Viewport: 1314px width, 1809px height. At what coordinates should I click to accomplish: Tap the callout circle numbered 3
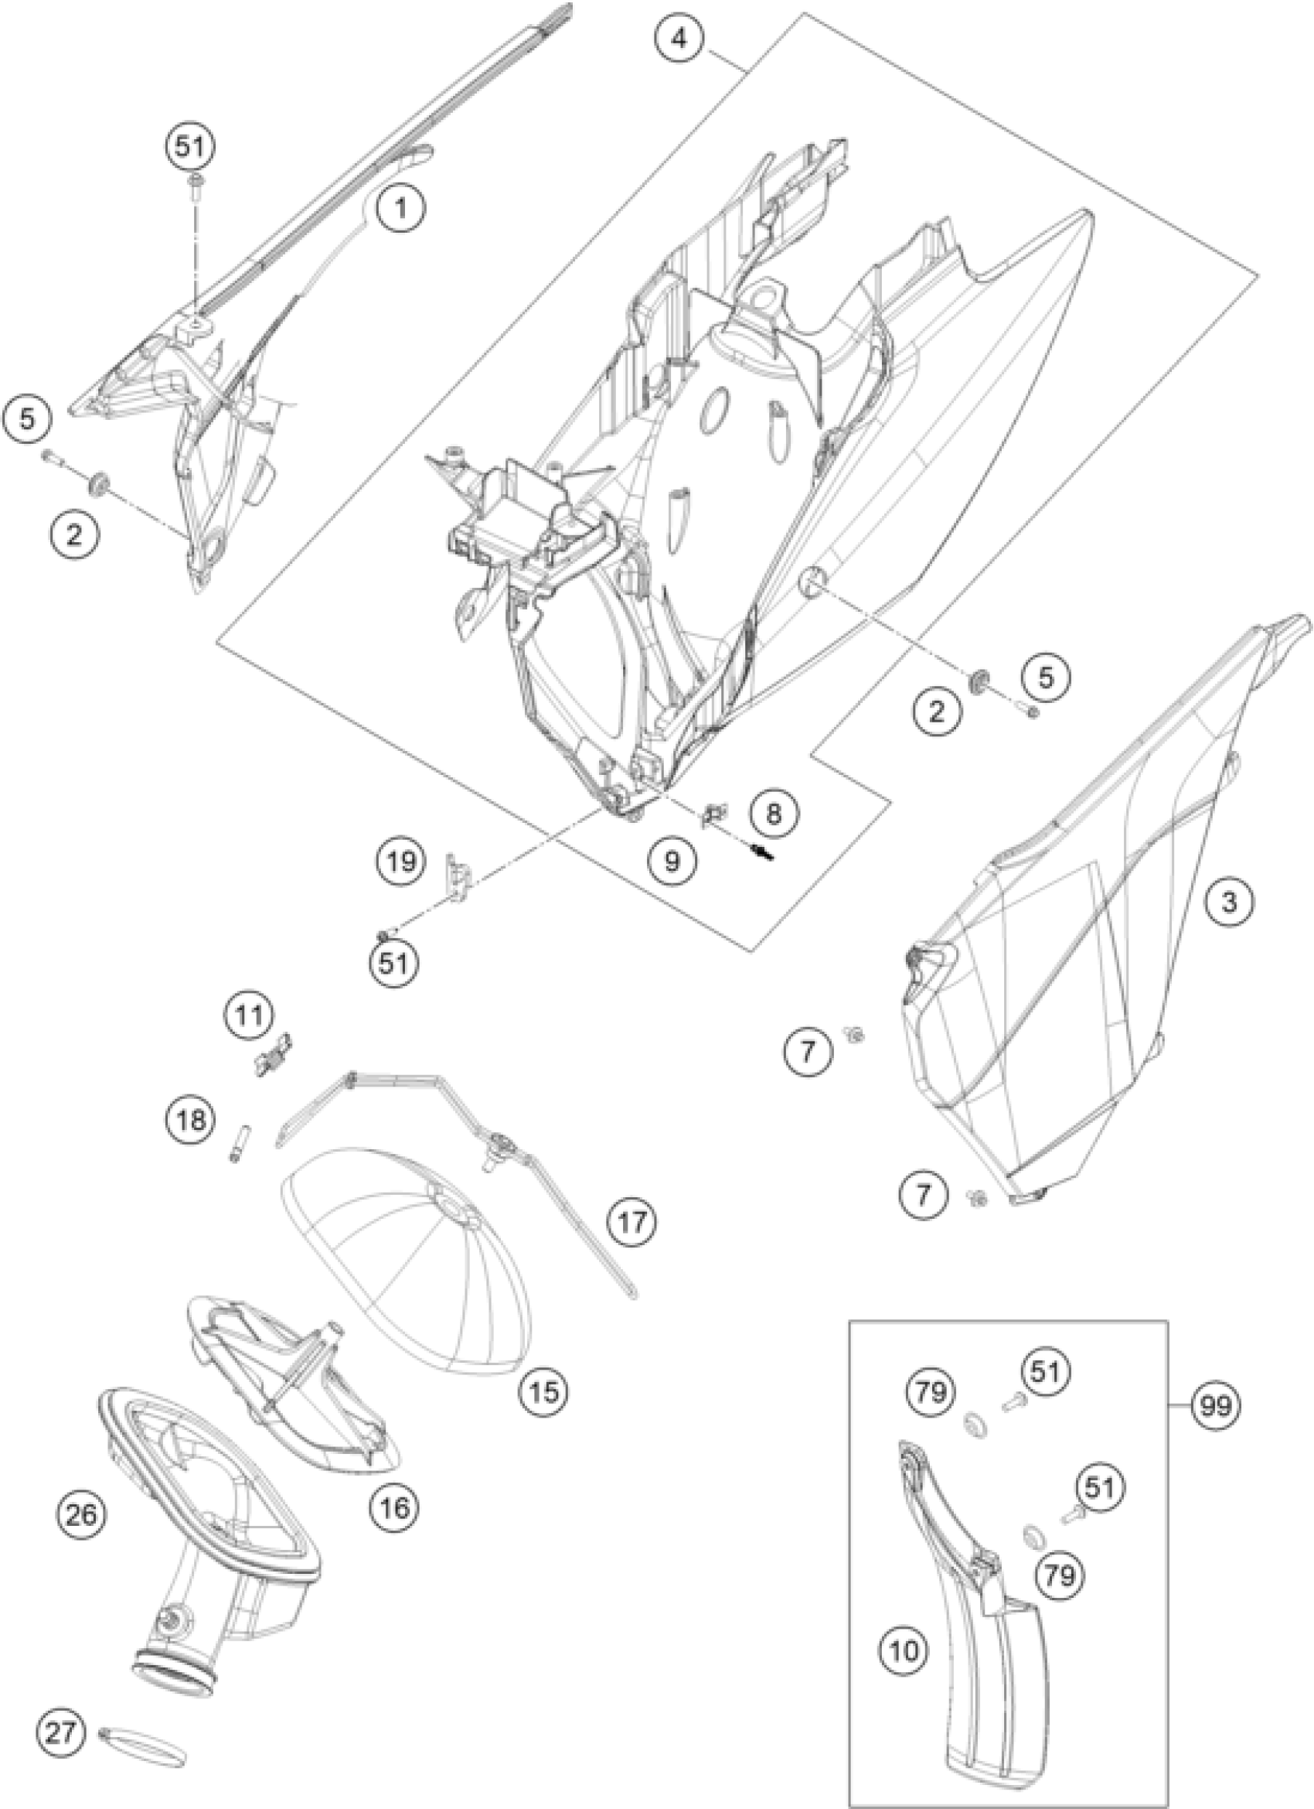click(x=1230, y=902)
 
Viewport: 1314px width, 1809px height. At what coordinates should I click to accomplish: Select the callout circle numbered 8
click(x=773, y=813)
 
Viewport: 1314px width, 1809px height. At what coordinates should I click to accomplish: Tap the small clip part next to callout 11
click(x=273, y=1059)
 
